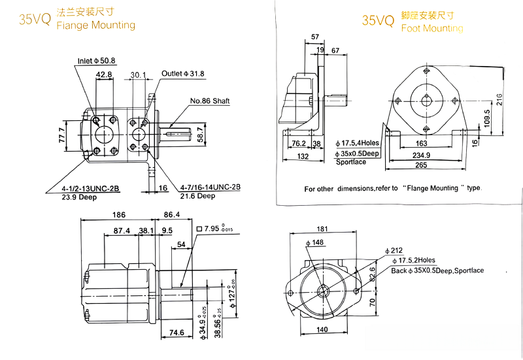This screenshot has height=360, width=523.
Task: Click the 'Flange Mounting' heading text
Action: [96, 25]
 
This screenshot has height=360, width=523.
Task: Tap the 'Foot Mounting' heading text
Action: [431, 28]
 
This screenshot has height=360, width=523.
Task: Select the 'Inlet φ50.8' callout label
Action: [96, 61]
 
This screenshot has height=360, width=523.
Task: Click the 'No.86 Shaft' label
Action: [210, 101]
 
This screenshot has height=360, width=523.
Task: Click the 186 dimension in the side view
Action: [118, 214]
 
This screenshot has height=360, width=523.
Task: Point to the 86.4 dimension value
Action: [172, 214]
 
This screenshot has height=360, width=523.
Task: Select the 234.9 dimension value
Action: [422, 155]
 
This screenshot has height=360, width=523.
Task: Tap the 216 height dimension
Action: [499, 99]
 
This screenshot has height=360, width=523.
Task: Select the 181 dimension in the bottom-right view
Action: [321, 229]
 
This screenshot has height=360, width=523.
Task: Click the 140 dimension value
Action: [322, 330]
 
